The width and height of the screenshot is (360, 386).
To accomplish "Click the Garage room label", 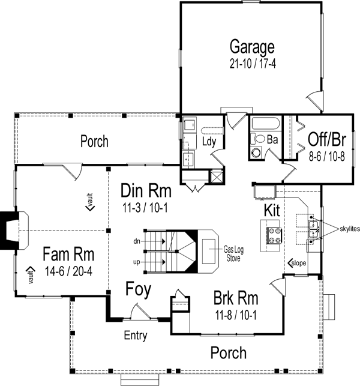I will tap(252, 47).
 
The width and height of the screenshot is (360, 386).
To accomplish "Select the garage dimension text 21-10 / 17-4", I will tap(252, 62).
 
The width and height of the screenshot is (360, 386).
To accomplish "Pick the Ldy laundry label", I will tap(209, 142).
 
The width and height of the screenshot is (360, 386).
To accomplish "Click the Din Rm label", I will tap(146, 191).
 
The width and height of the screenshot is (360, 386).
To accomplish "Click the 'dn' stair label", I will tap(137, 241).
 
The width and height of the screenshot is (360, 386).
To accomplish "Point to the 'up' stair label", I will tap(137, 262).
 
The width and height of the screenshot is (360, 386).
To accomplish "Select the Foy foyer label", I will tap(138, 289).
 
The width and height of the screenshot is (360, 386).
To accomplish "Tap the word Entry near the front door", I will tap(136, 336).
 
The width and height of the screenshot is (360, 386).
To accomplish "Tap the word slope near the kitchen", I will tap(301, 263).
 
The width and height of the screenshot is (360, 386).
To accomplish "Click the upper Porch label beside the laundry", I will tap(95, 142).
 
